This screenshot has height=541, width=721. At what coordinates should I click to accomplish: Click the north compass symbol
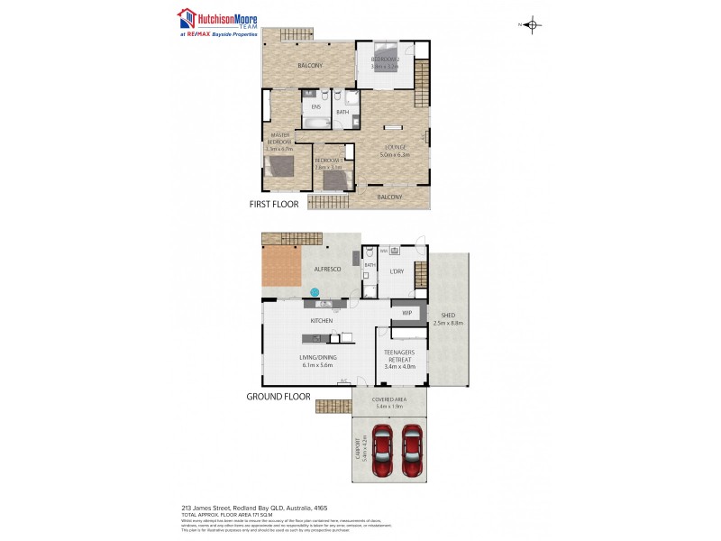[x=532, y=24]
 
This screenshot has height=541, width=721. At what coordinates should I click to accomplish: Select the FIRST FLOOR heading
[x=274, y=205]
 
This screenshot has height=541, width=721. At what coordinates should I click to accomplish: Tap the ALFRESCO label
[x=325, y=269]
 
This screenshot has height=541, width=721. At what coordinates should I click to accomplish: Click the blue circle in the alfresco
[x=315, y=291]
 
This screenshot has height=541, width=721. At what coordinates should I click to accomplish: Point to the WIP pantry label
[x=406, y=313]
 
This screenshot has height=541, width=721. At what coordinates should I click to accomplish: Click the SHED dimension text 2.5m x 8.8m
[x=448, y=322]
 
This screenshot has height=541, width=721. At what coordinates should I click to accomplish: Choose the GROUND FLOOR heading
[x=278, y=396]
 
